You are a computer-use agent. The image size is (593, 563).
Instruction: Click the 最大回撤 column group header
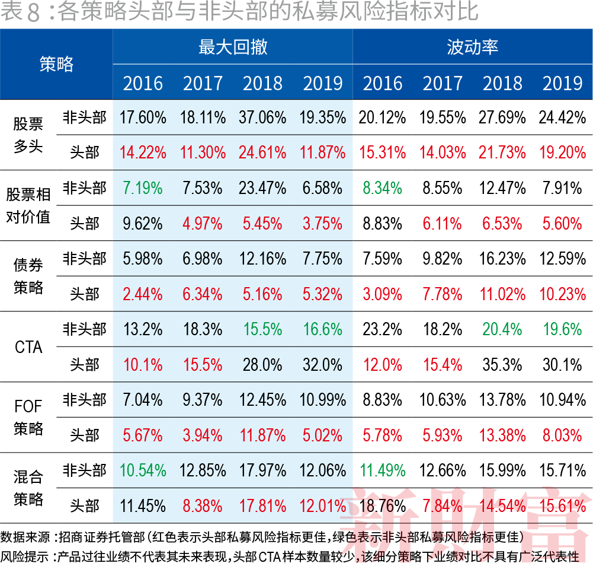(233, 47)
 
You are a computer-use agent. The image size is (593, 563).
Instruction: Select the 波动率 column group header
(472, 47)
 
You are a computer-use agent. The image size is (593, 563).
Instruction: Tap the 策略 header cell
(56, 64)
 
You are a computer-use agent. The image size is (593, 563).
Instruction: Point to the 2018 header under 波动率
(502, 83)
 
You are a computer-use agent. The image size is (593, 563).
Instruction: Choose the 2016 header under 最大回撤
(143, 83)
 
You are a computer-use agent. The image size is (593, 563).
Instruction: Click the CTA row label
(28, 346)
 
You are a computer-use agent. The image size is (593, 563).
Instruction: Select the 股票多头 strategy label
(28, 135)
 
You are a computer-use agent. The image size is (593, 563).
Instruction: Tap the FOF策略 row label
(28, 417)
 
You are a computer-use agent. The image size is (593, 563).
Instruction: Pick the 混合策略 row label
(28, 488)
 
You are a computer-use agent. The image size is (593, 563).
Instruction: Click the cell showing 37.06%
(262, 117)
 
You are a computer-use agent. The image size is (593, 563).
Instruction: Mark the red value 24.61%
(262, 152)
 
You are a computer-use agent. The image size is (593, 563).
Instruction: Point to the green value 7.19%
(143, 188)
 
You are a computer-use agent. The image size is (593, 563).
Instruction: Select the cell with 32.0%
(323, 364)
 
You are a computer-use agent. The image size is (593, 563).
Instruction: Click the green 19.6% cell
(562, 329)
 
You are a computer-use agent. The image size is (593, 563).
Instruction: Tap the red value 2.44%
(143, 294)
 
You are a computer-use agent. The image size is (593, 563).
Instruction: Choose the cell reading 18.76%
(383, 505)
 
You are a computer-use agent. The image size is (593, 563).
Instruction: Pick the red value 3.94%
(203, 435)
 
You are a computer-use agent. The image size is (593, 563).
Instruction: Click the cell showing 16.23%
(502, 259)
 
